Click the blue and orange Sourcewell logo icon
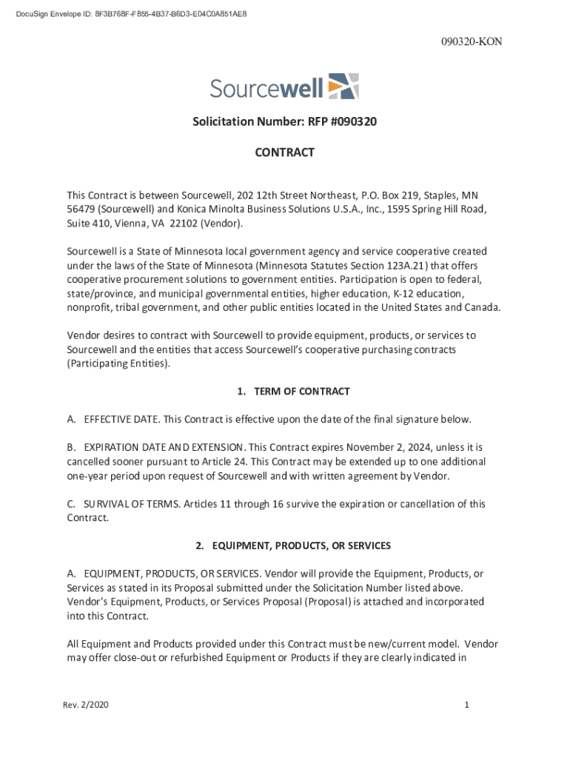point(343,87)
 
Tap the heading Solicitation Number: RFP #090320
point(284,121)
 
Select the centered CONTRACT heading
point(284,152)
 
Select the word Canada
point(482,308)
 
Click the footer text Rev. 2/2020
point(85,705)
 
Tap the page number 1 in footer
point(467,705)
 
